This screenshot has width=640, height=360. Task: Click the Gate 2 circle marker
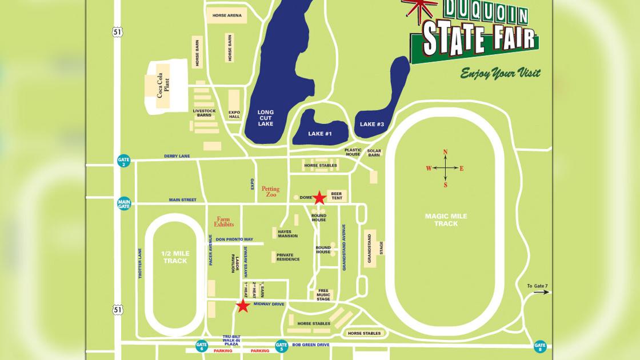tap(124, 161)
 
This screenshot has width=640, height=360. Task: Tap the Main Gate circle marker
tap(124, 203)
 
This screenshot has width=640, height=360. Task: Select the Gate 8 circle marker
tap(540, 346)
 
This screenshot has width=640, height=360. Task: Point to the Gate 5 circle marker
tap(281, 346)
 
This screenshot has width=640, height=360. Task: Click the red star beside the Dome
tap(319, 198)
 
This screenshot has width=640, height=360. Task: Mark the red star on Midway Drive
tap(243, 306)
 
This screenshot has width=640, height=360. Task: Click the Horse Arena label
tap(227, 15)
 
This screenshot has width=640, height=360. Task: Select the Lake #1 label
tap(320, 134)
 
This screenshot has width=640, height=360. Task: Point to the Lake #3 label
tap(372, 124)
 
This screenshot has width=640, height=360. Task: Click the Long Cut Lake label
tap(266, 118)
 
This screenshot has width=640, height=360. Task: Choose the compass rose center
tap(445, 168)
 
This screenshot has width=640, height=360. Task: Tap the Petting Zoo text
tap(271, 191)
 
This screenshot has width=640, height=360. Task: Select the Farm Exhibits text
tap(224, 222)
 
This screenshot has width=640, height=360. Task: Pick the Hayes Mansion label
tap(287, 234)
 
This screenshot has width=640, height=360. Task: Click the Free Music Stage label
tap(323, 294)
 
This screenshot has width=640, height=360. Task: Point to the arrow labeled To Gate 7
tap(542, 292)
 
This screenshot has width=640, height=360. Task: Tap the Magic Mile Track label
tap(446, 219)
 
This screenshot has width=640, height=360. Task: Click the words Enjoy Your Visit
tap(500, 73)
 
